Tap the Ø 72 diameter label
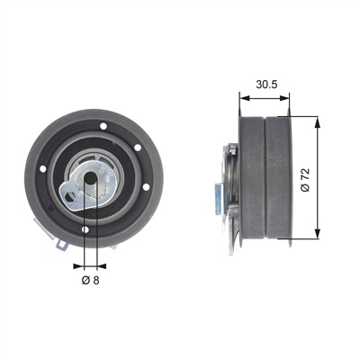click(306, 180)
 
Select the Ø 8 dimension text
click(90, 280)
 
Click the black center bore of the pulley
click(90, 179)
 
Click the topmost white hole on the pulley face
click(103, 126)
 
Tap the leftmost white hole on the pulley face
click(43, 169)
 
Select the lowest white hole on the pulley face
click(85, 229)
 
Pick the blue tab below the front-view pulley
click(62, 245)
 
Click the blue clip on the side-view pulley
click(219, 199)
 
